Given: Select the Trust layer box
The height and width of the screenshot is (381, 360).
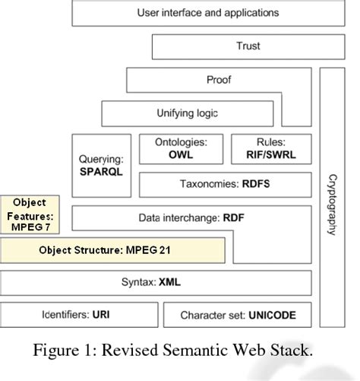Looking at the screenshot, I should pos(248,46).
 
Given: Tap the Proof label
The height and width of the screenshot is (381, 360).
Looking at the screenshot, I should pos(219,80).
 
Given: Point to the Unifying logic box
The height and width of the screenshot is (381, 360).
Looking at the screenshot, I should pos(187,113).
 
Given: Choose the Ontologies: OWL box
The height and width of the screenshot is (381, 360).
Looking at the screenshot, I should pos(182,149).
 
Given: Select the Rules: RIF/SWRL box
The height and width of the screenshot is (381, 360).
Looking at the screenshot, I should pos(270,149).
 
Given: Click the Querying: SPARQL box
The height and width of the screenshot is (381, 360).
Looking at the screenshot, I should pos(101,166).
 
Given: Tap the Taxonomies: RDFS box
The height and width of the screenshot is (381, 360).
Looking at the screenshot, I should pos(225,184).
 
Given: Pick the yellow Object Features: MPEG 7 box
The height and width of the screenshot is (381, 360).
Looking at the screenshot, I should pos(30,214).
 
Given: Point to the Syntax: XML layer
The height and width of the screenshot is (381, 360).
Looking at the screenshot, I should pos(156,283).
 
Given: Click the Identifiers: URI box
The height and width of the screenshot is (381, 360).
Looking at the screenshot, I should pos(80,314).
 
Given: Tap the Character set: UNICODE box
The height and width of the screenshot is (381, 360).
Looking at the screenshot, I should pos(238,314).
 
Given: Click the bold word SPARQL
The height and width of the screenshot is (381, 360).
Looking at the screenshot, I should pos(101,173).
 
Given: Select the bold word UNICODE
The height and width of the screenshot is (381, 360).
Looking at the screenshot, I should pos(269,314).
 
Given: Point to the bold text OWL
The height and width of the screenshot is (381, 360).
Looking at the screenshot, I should pos(182,155).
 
